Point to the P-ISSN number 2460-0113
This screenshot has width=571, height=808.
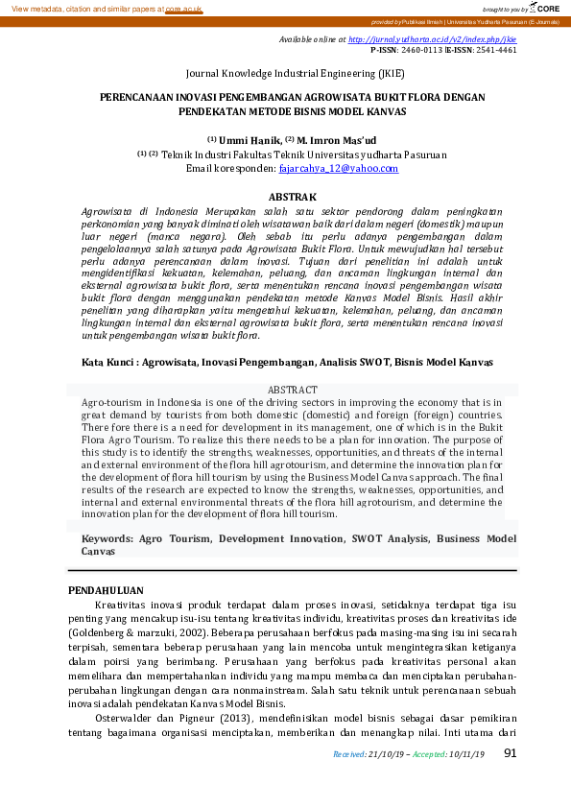point(420,49)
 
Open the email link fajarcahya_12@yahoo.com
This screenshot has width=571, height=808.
point(338,168)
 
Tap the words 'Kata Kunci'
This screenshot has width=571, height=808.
point(105,363)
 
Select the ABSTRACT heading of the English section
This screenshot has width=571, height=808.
point(292,391)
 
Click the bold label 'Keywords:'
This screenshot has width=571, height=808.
point(107,539)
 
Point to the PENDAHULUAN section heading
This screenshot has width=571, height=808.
point(106,590)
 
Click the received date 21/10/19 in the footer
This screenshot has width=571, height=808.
point(386,754)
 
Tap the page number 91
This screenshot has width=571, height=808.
point(510,752)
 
